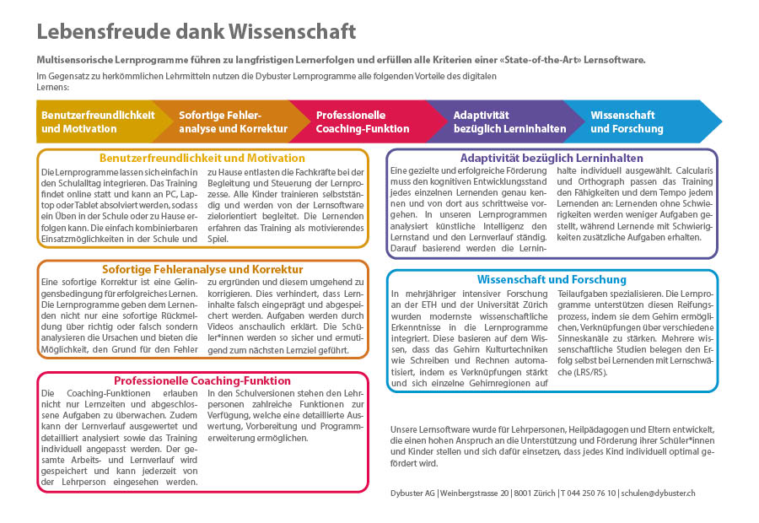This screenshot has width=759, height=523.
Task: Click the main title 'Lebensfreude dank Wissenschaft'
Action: [x=196, y=32]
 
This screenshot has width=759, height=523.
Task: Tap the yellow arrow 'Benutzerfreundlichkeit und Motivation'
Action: [x=98, y=122]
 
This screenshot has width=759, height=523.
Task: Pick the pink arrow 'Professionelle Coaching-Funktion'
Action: [x=363, y=122]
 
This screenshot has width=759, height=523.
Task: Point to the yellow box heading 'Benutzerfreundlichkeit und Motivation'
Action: [x=202, y=158]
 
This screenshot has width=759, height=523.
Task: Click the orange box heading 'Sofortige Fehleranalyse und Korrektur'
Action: [x=202, y=269]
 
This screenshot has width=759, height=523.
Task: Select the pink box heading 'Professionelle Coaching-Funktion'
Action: [x=202, y=380]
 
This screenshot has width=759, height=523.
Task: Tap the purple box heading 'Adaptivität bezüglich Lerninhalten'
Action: [x=552, y=158]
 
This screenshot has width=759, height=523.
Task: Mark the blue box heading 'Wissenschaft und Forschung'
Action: [x=552, y=279]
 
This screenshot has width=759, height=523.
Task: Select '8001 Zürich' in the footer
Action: [x=533, y=493]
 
